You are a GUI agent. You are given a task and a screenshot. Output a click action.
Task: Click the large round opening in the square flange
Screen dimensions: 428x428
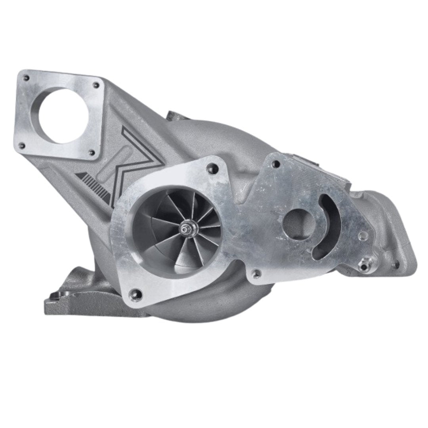(63, 115)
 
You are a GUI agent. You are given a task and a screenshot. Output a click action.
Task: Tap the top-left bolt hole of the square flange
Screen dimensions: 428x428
(26, 78)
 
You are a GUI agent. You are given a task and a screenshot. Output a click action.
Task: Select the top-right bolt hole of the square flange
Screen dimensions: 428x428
(96, 84)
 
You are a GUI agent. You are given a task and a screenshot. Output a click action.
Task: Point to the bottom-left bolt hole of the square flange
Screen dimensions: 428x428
(22, 146)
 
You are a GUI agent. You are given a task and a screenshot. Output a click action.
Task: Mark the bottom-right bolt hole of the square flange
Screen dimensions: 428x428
(92, 152)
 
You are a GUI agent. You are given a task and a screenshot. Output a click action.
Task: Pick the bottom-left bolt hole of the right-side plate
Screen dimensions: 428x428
(257, 273)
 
